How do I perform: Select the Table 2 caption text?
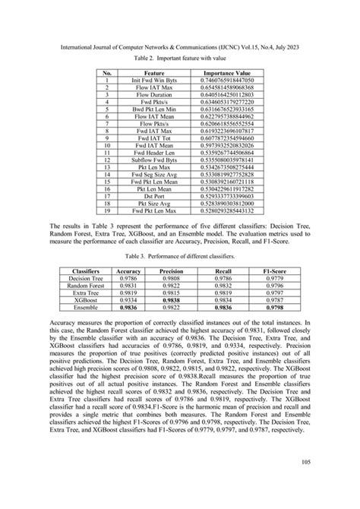[180, 59]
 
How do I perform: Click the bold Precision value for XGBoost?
[173, 301]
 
